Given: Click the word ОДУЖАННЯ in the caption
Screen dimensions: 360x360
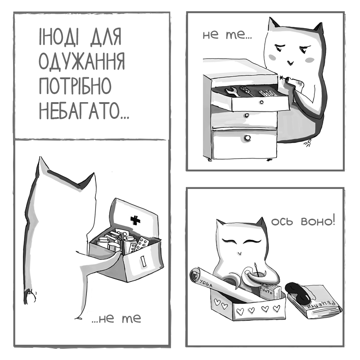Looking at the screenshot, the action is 82,61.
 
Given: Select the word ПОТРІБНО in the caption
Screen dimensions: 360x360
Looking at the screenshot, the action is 75,85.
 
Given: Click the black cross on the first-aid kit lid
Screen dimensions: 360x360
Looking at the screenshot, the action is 135,220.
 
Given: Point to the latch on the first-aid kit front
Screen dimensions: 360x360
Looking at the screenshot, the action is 144,261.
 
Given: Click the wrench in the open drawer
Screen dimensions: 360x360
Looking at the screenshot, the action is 232,91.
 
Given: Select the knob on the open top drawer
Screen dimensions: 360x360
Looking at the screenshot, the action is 261,102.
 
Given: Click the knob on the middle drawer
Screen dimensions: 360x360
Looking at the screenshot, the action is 247,115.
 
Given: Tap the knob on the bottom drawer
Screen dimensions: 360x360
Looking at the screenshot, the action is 247,138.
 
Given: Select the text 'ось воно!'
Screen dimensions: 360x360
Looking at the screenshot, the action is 303,221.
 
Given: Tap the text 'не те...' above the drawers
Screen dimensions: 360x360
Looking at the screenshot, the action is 227,35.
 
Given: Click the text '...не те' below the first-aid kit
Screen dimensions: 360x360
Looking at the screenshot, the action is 116,318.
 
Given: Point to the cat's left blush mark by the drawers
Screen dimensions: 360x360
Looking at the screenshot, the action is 273,57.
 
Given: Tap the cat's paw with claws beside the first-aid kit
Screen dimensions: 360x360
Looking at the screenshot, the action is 30,297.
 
